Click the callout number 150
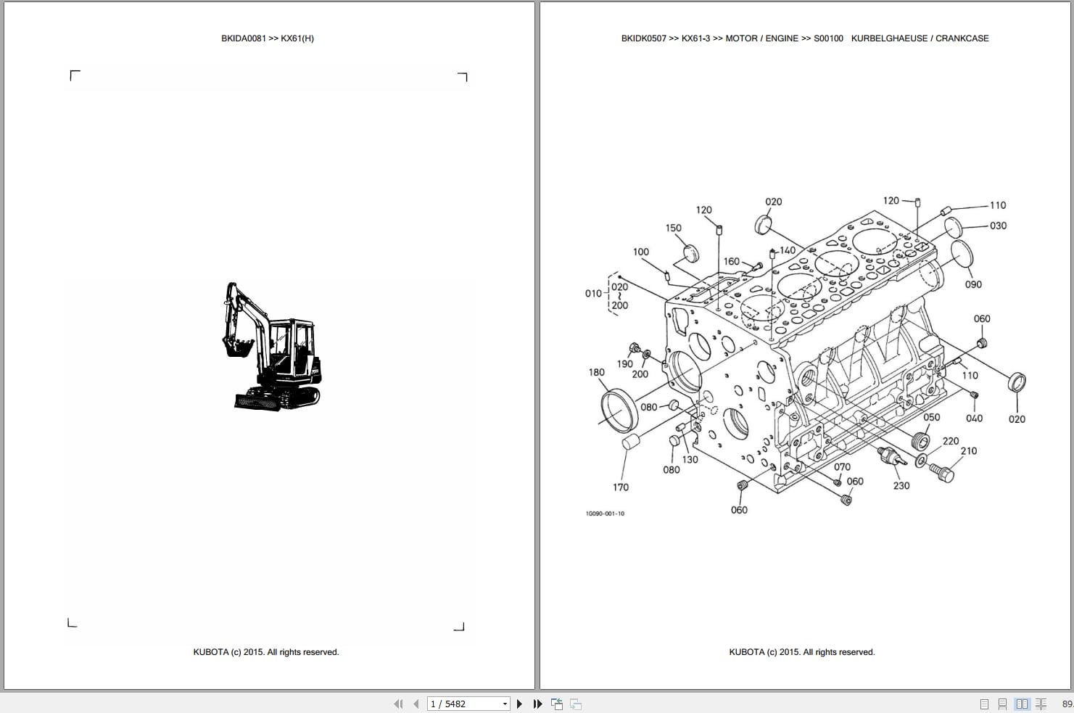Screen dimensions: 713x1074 pyautogui.click(x=673, y=228)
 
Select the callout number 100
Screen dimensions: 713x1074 pyautogui.click(x=640, y=252)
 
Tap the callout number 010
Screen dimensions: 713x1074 pyautogui.click(x=592, y=293)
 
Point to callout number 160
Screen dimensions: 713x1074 pyautogui.click(x=731, y=261)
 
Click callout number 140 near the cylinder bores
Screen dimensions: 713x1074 pyautogui.click(x=787, y=250)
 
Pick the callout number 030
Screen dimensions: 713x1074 pyautogui.click(x=998, y=226)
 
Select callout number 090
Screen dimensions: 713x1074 pyautogui.click(x=973, y=284)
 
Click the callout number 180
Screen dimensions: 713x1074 pyautogui.click(x=596, y=372)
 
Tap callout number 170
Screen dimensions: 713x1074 pyautogui.click(x=621, y=487)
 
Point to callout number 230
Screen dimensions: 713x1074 pyautogui.click(x=901, y=485)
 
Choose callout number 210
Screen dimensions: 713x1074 pyautogui.click(x=968, y=450)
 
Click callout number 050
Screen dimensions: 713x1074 pyautogui.click(x=931, y=417)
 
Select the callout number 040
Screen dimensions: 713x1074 pyautogui.click(x=974, y=418)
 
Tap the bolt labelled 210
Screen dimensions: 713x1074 pyautogui.click(x=942, y=473)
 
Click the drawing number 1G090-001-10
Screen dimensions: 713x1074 pyautogui.click(x=604, y=514)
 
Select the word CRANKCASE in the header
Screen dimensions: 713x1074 pyautogui.click(x=962, y=38)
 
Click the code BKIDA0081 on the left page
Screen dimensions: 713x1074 pyautogui.click(x=244, y=38)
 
